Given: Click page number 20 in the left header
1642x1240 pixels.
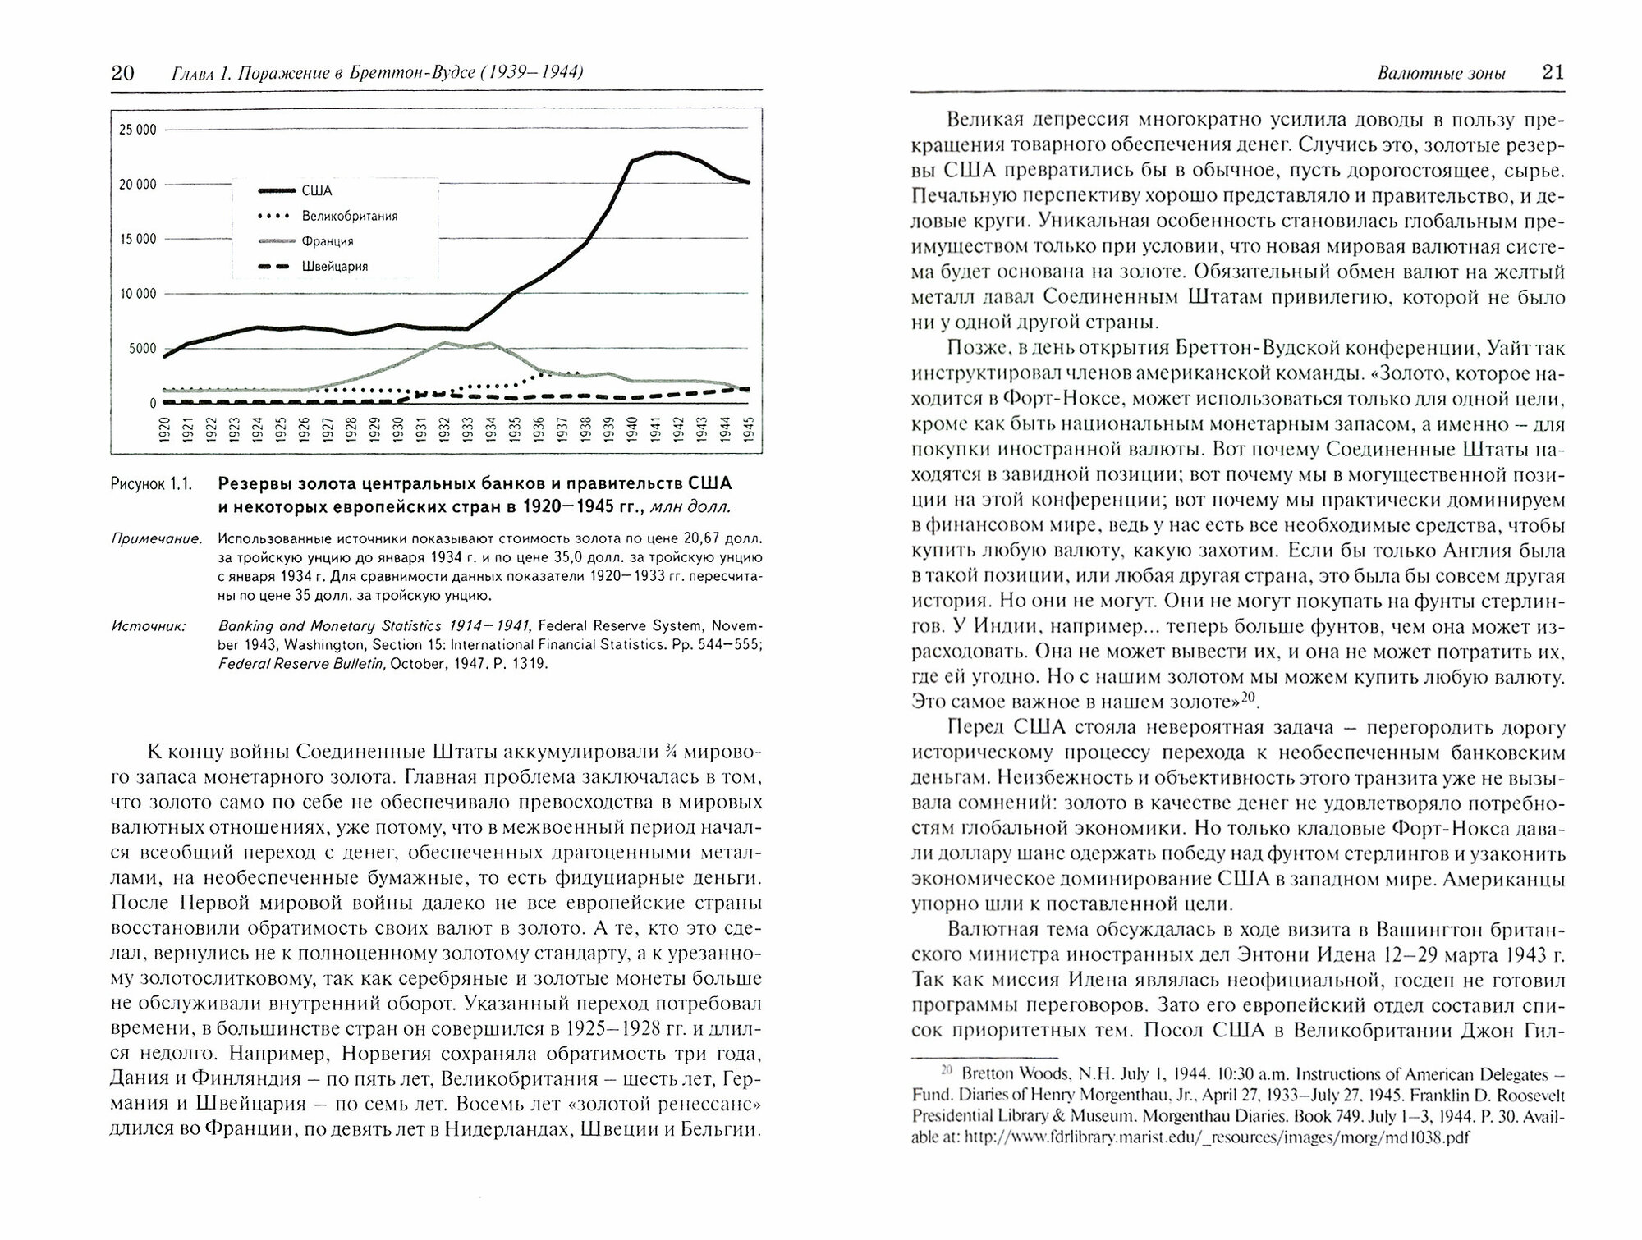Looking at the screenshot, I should [x=122, y=74].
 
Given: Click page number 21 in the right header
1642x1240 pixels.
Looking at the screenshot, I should [x=1553, y=73].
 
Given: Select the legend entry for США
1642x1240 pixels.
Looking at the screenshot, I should [x=316, y=191].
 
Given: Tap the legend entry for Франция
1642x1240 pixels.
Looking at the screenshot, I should [x=327, y=241].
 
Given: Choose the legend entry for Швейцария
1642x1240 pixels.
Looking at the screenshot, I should [x=334, y=266].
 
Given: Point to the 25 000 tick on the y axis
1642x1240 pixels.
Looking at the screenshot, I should [x=137, y=130].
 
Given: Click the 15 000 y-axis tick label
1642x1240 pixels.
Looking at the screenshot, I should [x=137, y=240].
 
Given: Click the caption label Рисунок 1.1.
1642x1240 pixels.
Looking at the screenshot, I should [x=150, y=484].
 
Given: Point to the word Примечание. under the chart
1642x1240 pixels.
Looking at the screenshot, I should [x=157, y=539].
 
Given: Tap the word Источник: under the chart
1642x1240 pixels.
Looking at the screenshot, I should [x=149, y=627].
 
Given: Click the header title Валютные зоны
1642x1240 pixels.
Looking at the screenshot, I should [x=1441, y=74].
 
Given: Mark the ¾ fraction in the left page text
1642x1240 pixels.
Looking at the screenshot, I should [x=671, y=752].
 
